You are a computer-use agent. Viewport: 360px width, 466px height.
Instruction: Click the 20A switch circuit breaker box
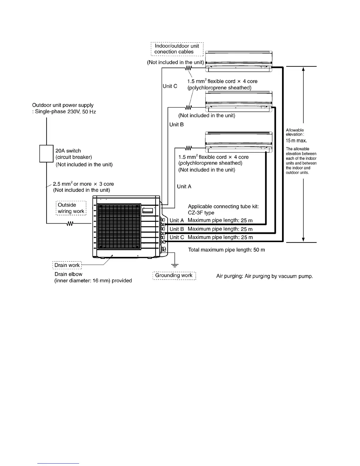46,154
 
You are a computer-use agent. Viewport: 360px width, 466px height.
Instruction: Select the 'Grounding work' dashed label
174,275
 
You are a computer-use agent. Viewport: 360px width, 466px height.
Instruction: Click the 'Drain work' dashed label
67,265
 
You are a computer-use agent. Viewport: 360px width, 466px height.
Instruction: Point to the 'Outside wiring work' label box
71,208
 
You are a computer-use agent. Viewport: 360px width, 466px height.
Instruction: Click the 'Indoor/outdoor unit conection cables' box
177,49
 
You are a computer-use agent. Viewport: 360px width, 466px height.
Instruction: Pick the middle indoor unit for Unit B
239,101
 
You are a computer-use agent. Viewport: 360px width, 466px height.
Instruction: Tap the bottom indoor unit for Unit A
239,142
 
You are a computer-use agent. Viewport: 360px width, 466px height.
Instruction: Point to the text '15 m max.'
296,141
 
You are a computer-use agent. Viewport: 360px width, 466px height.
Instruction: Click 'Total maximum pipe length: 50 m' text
226,250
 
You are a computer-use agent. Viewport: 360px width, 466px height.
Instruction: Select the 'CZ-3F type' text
201,213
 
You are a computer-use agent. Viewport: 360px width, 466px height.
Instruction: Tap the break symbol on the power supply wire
70,224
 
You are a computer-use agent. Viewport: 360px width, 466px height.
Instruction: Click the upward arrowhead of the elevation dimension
303,69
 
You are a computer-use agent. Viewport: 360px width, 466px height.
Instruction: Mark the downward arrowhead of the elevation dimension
303,239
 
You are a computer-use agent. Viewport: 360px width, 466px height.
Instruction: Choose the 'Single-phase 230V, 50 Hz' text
65,112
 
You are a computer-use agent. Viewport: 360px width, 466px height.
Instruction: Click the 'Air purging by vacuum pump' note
264,276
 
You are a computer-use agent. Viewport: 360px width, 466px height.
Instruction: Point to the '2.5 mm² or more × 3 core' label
83,184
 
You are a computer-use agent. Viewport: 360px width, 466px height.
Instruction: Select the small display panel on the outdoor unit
148,211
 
